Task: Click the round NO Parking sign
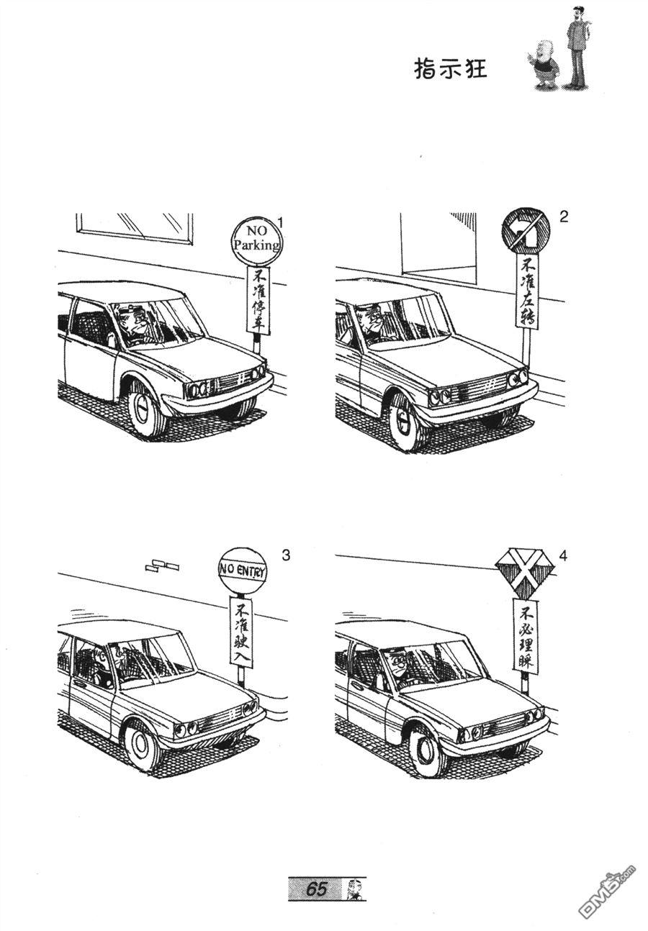(x=256, y=240)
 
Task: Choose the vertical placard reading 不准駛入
(x=240, y=632)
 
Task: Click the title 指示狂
(x=451, y=68)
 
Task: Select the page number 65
(x=317, y=889)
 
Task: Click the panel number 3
(x=286, y=555)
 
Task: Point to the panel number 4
(x=563, y=555)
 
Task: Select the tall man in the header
(x=576, y=47)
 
